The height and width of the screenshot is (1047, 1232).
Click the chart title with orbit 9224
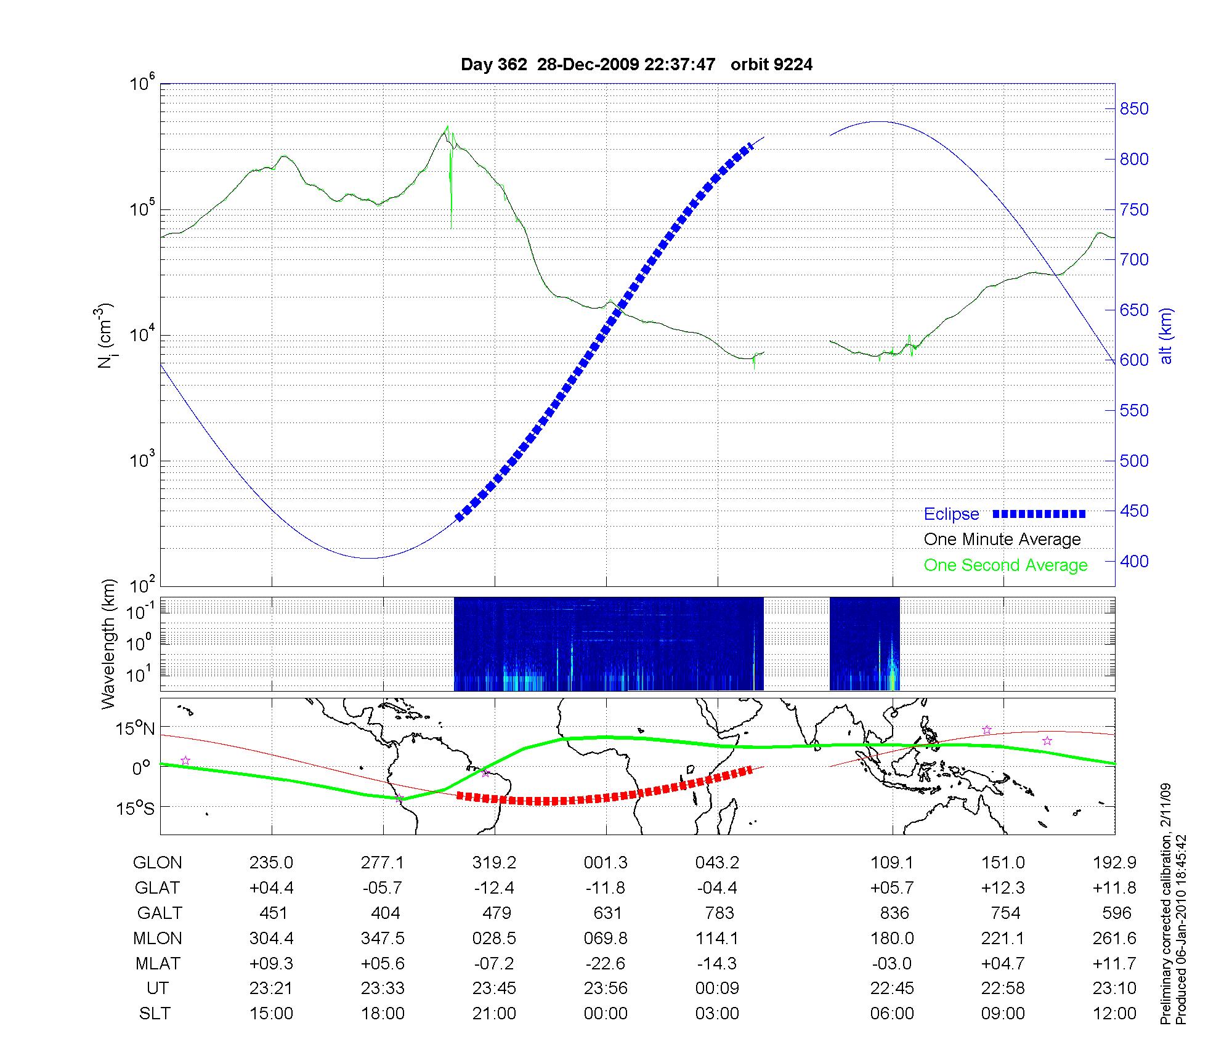tap(636, 65)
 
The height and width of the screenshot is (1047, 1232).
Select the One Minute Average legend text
tap(1002, 540)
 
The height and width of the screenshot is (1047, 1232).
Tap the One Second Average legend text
tap(1005, 565)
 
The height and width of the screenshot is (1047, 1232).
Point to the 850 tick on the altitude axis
tap(1134, 109)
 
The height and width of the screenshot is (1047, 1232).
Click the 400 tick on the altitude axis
tap(1134, 561)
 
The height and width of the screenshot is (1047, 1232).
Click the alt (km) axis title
tap(1166, 336)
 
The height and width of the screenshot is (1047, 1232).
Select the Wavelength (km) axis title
tap(108, 644)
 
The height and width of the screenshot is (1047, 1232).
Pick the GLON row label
tap(157, 863)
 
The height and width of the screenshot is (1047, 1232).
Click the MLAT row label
tap(158, 963)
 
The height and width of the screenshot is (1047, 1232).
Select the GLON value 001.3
tap(606, 863)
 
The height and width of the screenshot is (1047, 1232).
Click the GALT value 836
tap(894, 913)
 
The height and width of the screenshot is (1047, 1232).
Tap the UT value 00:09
tap(717, 988)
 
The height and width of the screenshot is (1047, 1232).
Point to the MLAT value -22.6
tap(606, 963)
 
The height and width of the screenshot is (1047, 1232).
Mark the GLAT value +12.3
tap(1003, 888)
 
